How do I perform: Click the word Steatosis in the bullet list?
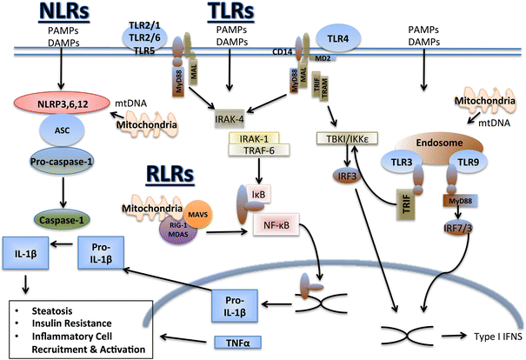[50, 309]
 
